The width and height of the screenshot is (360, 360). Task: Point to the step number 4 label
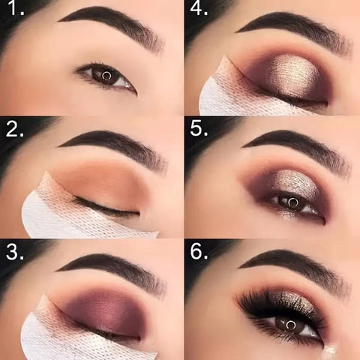pos(199,10)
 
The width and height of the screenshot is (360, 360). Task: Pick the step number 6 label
pos(199,250)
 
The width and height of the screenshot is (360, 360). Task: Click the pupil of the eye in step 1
pos(106,75)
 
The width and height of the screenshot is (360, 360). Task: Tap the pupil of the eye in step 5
pos(292,202)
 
